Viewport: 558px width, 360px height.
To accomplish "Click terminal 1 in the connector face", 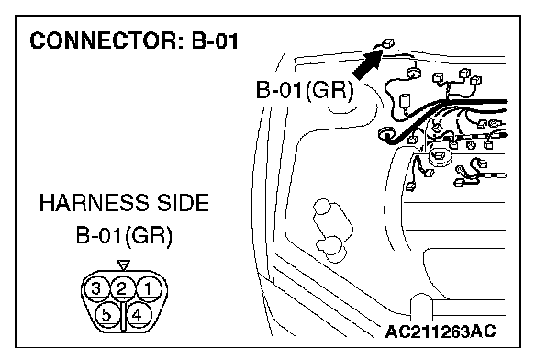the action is click(148, 288).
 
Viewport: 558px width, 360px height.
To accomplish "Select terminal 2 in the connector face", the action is click(122, 288).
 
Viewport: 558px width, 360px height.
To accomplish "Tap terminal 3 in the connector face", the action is click(96, 288).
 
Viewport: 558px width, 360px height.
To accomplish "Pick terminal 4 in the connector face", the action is click(137, 315).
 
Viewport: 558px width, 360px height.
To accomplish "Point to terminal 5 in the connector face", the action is click(107, 315).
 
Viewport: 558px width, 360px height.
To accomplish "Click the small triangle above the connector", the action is click(124, 265).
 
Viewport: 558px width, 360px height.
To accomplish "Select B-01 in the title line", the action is click(216, 40).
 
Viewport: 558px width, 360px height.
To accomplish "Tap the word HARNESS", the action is click(94, 203).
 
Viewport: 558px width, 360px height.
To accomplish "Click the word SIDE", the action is click(183, 203).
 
